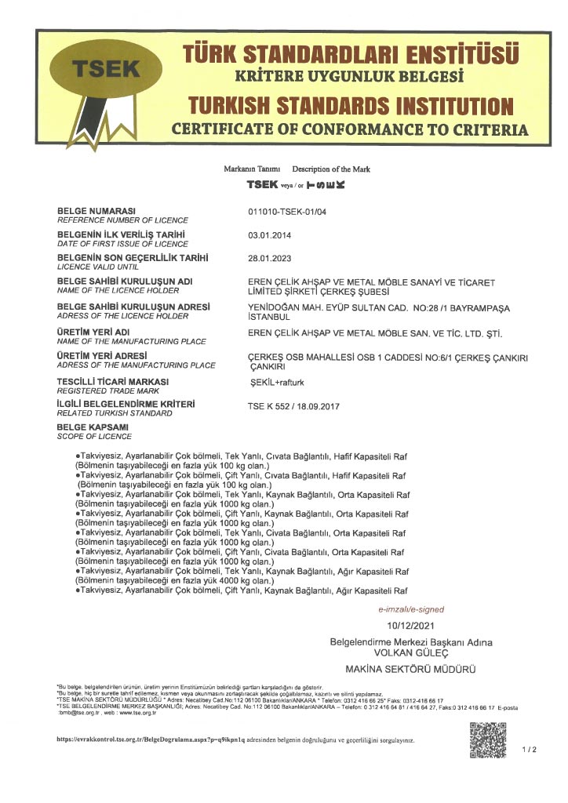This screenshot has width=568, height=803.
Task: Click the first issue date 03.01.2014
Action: click(x=269, y=234)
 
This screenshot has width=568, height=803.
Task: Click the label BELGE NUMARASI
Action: click(x=97, y=212)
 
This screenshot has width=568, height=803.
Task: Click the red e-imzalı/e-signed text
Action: click(x=411, y=609)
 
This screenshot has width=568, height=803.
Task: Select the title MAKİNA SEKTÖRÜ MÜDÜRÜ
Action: click(x=411, y=669)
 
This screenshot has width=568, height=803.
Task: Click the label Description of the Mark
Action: click(x=331, y=169)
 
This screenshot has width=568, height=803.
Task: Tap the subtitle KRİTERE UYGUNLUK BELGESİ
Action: click(x=350, y=77)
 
